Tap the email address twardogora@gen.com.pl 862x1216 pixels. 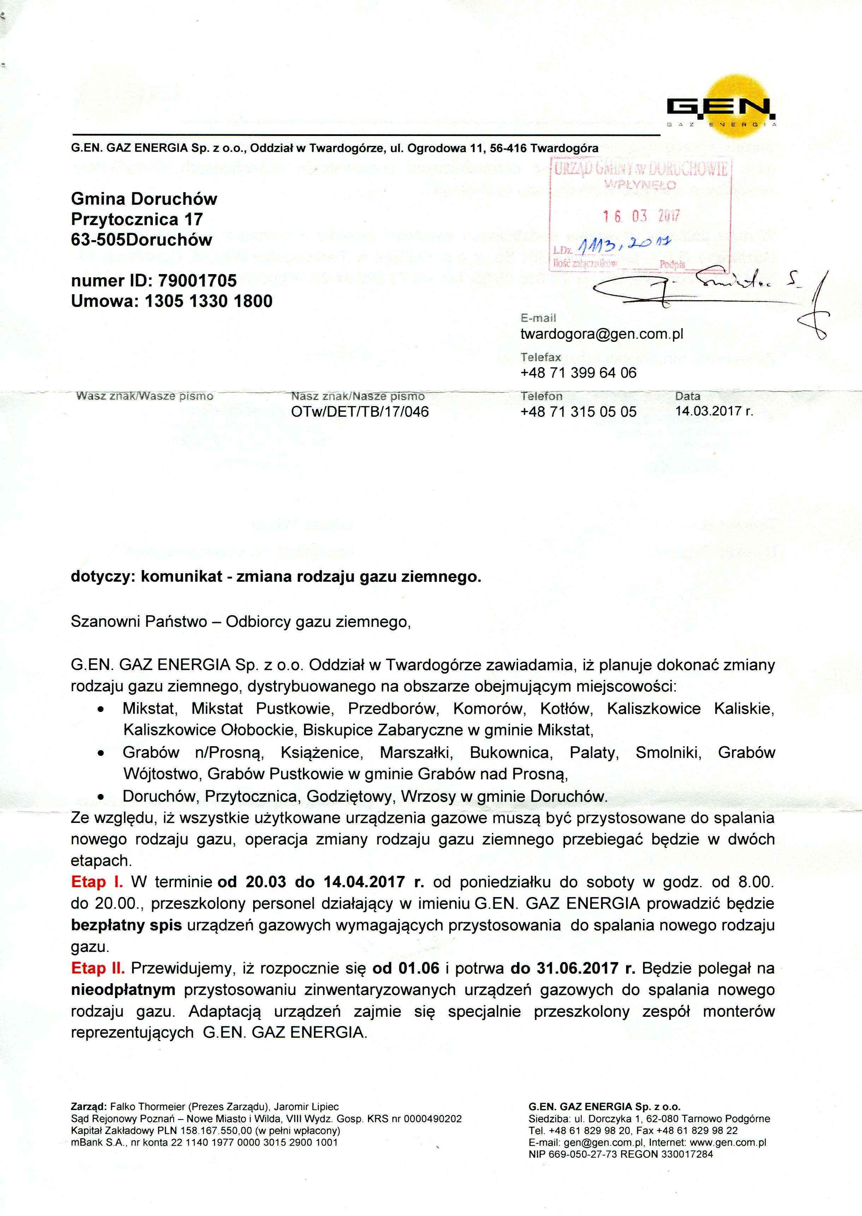coord(601,334)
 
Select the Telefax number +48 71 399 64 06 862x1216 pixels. coord(578,373)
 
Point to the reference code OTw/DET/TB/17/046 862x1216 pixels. coord(360,412)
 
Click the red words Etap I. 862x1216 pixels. coord(97,882)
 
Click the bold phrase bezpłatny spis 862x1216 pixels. coord(126,925)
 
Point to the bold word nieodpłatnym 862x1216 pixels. coord(123,990)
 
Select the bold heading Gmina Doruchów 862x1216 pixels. coord(144,199)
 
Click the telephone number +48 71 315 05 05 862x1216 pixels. coord(578,412)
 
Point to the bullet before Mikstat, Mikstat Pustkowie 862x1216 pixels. coord(100,710)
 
